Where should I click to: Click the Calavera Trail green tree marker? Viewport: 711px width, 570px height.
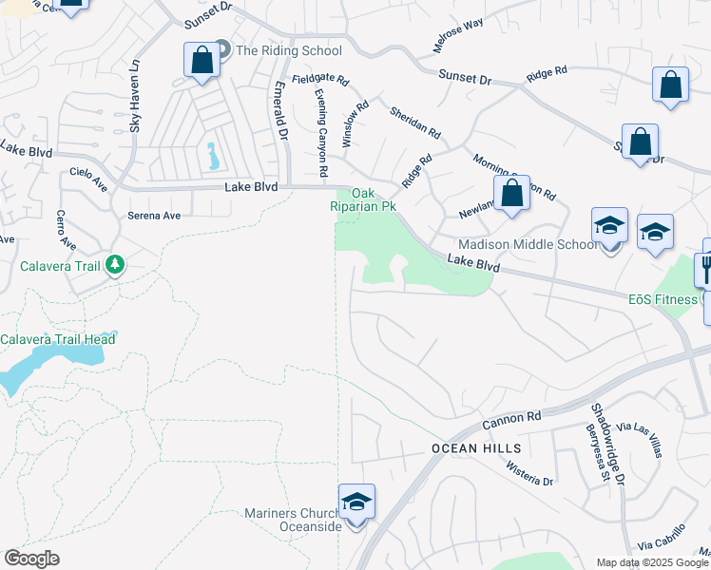[115, 264]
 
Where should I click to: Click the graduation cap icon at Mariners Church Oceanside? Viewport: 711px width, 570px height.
[356, 501]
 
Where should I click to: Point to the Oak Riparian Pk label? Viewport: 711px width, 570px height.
[375, 199]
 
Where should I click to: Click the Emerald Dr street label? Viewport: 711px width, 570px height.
[281, 110]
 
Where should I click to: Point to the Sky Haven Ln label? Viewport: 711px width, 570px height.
[135, 96]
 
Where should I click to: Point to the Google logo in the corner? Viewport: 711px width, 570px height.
[31, 559]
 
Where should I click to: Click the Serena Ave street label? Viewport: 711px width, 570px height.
[154, 216]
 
